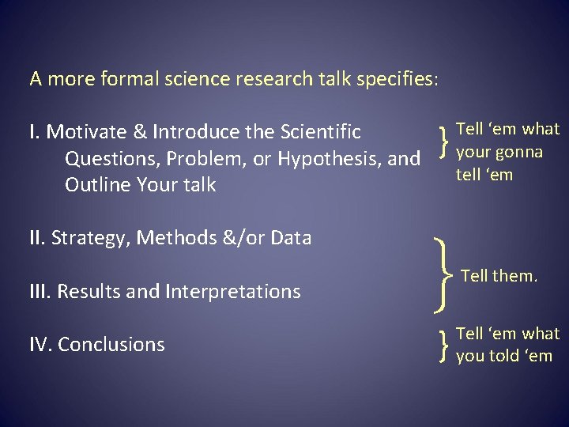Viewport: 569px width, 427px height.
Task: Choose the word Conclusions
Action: coord(111,345)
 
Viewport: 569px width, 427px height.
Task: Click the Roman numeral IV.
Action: coord(40,345)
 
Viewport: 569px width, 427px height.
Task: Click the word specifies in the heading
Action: coord(396,79)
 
